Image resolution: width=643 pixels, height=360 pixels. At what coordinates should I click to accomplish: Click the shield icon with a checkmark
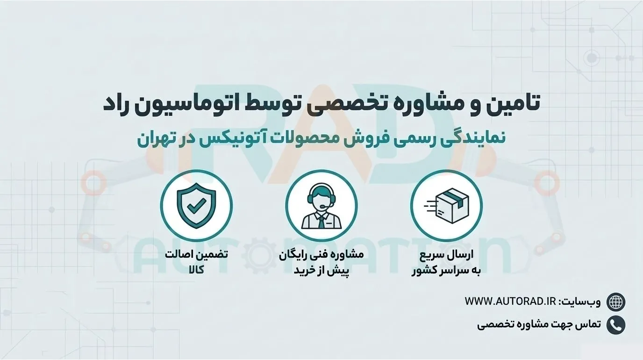click(x=196, y=205)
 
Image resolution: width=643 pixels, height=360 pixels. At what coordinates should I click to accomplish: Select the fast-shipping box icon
click(x=447, y=205)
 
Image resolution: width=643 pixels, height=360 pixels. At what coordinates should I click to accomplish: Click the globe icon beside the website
click(x=616, y=302)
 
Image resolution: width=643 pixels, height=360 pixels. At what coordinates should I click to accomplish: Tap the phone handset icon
click(x=616, y=325)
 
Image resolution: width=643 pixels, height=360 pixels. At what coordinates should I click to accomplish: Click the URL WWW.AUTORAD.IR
click(x=510, y=302)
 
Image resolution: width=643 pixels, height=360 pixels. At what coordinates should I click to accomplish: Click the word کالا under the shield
click(x=196, y=270)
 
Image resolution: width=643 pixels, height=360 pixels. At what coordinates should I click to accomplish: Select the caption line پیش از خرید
click(x=321, y=271)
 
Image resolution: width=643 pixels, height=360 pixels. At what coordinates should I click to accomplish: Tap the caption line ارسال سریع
click(x=447, y=255)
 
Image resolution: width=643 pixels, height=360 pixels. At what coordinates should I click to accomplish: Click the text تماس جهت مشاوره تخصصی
click(x=539, y=325)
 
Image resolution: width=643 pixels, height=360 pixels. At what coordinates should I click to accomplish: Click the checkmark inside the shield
click(x=196, y=205)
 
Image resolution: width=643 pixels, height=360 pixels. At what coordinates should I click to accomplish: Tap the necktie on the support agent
click(x=321, y=222)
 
